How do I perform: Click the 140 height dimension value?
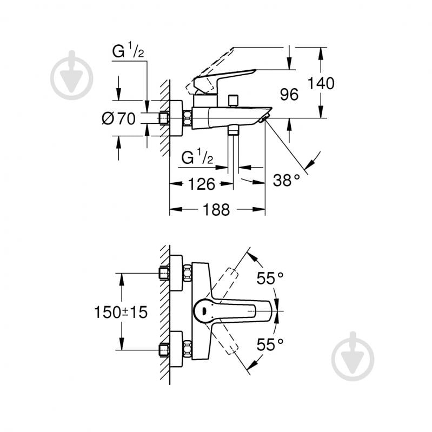[x=321, y=83]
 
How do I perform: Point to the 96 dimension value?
[x=289, y=95]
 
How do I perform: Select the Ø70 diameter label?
[x=118, y=118]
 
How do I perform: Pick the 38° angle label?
[x=286, y=181]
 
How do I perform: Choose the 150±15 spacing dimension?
[x=121, y=312]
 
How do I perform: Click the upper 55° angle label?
[x=270, y=278]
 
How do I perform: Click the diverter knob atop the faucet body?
[x=234, y=101]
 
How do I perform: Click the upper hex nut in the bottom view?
[x=187, y=273]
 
